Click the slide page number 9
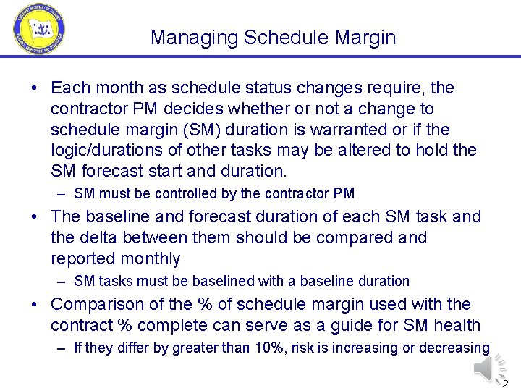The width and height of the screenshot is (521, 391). coord(505,383)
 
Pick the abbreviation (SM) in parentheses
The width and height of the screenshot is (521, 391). coord(196,130)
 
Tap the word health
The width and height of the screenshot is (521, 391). coord(458,325)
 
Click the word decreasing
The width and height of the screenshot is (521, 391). coord(454,348)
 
